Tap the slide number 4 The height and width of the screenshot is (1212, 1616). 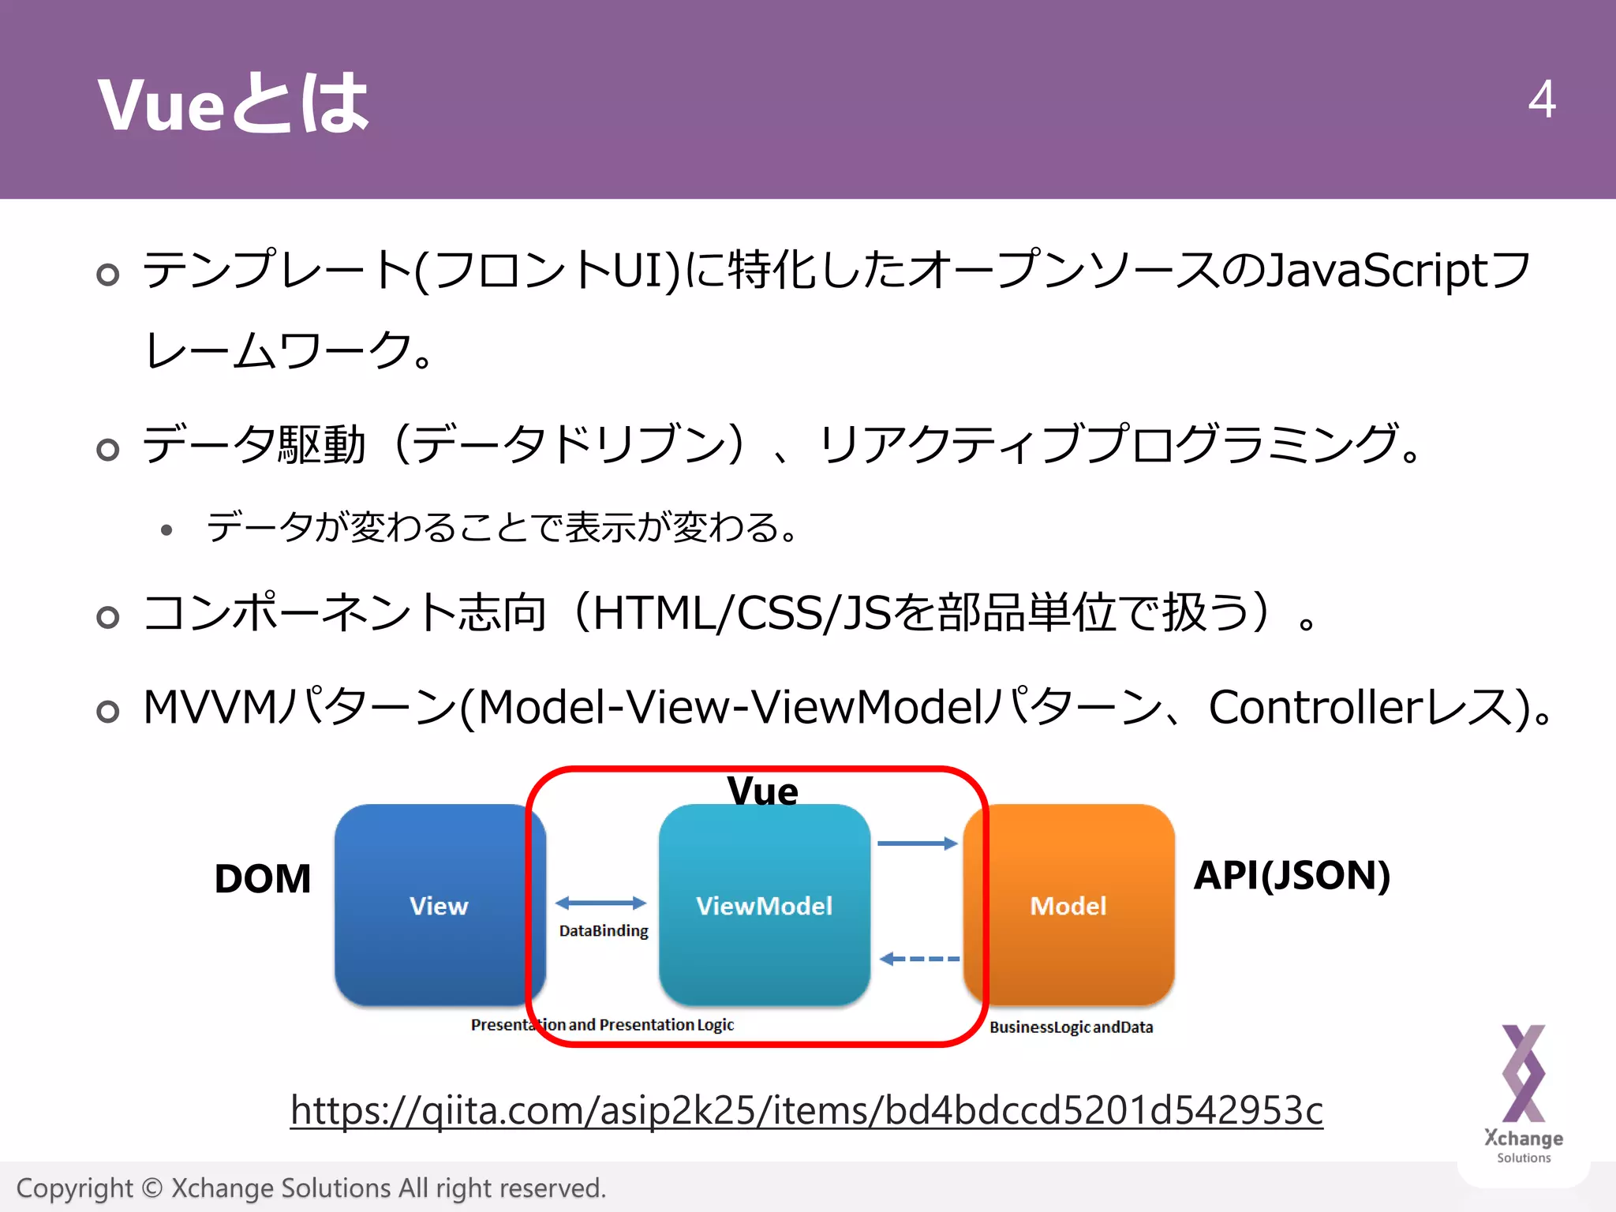tap(1541, 99)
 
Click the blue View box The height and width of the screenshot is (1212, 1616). tap(439, 905)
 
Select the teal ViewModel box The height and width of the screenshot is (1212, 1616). tap(764, 905)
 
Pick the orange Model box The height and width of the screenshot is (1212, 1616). tap(1068, 905)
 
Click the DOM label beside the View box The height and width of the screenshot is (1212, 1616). tap(263, 878)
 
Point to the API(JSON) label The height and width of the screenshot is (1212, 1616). tap(1292, 875)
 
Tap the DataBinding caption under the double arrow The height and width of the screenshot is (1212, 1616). tap(604, 931)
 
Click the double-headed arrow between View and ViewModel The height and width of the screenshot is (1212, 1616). tap(600, 903)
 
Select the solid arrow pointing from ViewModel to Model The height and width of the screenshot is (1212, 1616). tap(917, 844)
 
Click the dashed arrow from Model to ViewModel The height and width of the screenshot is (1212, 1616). tap(919, 959)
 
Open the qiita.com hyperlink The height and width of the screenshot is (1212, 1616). tap(806, 1110)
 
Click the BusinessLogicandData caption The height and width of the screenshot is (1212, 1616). tap(1071, 1027)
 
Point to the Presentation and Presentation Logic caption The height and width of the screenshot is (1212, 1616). tap(602, 1025)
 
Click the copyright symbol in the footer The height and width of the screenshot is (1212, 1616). tap(152, 1188)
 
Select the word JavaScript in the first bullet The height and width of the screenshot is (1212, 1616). tap(1377, 271)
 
